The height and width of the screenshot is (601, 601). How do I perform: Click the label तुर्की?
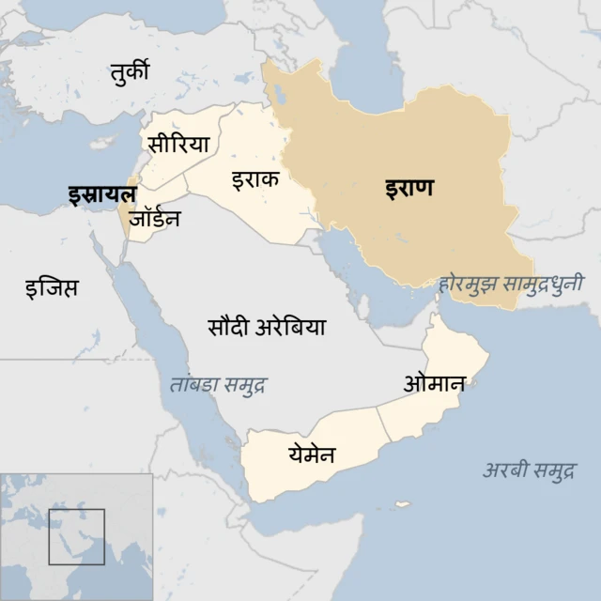(129, 71)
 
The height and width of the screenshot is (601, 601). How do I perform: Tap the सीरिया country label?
(177, 144)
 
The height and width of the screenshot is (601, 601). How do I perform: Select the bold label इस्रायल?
(101, 194)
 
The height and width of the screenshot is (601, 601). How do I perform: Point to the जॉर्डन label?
(155, 219)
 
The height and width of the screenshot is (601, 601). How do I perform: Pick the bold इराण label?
(409, 187)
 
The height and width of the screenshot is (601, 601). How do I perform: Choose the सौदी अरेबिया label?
(267, 327)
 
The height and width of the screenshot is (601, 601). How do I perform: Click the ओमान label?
(434, 383)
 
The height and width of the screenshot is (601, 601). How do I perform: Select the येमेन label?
(312, 455)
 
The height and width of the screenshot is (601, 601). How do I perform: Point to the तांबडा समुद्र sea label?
(218, 385)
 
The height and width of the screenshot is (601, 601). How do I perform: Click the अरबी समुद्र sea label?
(530, 470)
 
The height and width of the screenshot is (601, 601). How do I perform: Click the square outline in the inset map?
(76, 536)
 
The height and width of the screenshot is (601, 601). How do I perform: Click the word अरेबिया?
(290, 327)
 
